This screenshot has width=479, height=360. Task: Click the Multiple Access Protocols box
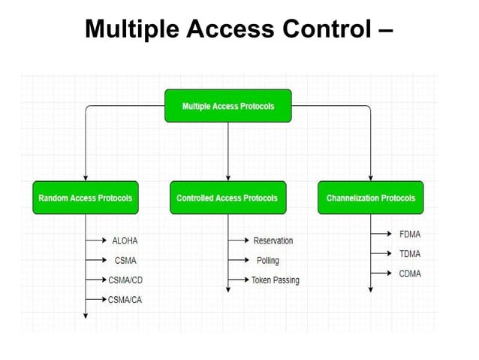[x=227, y=106]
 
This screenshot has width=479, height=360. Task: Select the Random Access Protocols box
[x=85, y=198]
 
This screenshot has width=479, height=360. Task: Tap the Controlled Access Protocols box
[x=227, y=198]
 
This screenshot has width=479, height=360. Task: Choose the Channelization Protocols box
[x=370, y=198]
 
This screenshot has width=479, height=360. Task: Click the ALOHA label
[x=125, y=241]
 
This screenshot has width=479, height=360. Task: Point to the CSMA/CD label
[x=126, y=280]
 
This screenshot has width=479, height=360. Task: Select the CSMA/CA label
[x=125, y=300]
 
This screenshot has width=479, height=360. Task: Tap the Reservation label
[x=273, y=241]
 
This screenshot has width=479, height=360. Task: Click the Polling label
[x=267, y=261]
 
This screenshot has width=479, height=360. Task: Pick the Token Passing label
[x=276, y=280]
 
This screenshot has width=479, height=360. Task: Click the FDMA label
[x=410, y=234]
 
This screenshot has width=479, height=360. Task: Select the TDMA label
[x=410, y=254]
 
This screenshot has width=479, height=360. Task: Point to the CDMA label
[x=410, y=274]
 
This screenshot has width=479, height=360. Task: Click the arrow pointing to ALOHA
[x=96, y=241]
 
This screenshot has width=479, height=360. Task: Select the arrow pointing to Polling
[x=238, y=261]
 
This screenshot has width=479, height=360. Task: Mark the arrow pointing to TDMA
[x=381, y=254]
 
